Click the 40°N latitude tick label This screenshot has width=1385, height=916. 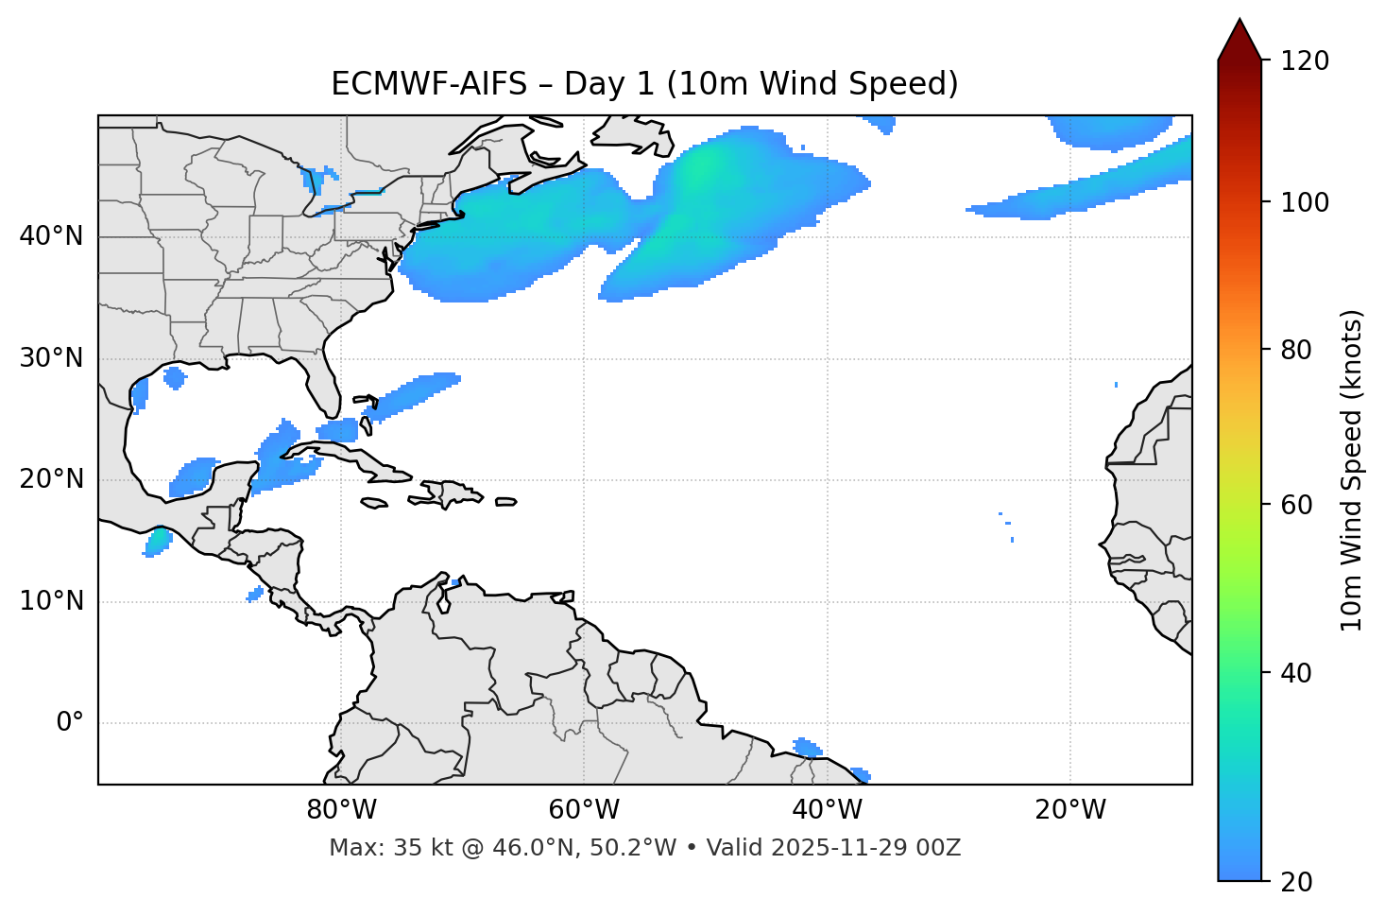[x=51, y=236]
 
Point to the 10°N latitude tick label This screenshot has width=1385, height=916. [x=51, y=601]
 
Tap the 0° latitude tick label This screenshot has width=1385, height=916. [x=69, y=723]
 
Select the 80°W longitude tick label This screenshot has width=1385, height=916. [x=341, y=810]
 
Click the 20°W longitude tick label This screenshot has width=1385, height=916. [x=1070, y=810]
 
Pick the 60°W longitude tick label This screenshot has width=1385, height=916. [x=584, y=810]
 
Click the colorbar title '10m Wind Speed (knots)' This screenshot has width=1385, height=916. [x=1352, y=471]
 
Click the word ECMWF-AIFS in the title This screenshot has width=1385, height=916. [x=429, y=84]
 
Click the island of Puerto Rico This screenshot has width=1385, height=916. [x=506, y=502]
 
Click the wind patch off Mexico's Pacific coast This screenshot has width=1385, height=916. [x=158, y=542]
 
